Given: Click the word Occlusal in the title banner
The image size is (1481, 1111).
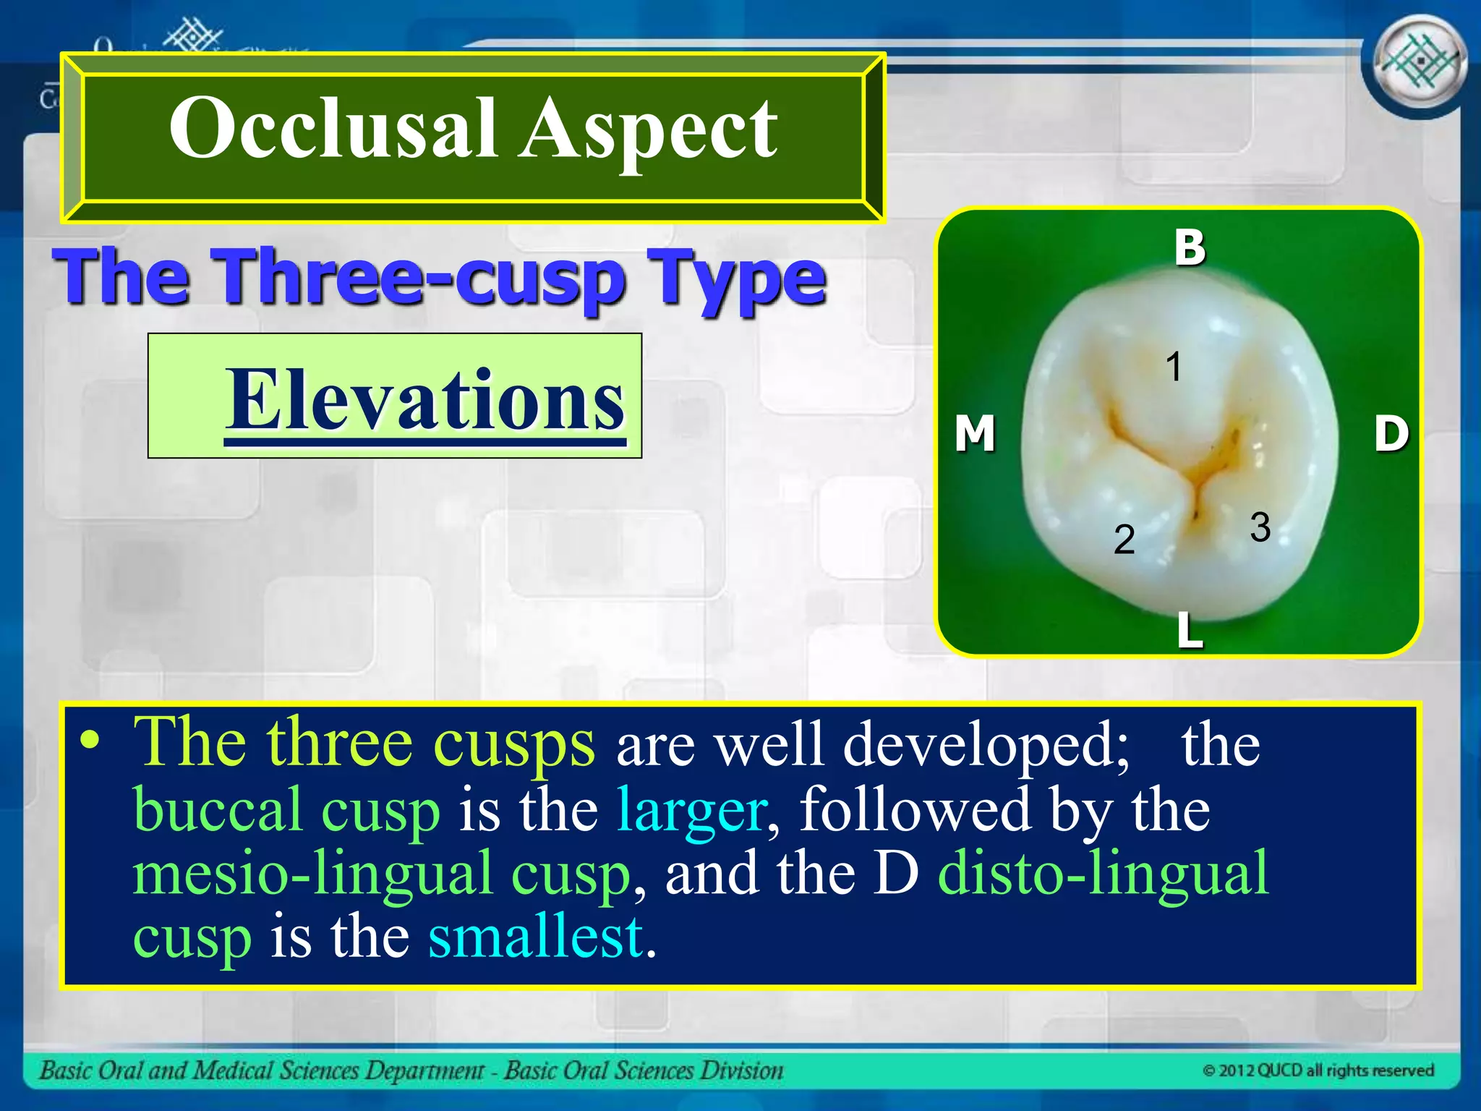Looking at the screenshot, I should click(x=333, y=129).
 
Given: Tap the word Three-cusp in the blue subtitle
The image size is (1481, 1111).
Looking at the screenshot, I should click(x=422, y=278).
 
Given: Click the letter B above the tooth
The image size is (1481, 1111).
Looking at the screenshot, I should click(x=1190, y=247).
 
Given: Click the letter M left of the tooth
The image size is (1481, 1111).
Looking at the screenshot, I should click(x=975, y=433).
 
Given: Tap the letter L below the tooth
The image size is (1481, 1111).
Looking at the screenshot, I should click(x=1190, y=629).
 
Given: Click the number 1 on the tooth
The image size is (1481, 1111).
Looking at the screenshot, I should click(x=1173, y=367).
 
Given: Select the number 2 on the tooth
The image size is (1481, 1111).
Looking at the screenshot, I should click(x=1124, y=540).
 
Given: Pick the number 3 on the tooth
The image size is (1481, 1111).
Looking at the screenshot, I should click(x=1260, y=527).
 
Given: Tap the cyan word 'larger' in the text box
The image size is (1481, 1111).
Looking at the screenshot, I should click(x=691, y=810).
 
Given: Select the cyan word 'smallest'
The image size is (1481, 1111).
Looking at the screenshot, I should click(x=535, y=937).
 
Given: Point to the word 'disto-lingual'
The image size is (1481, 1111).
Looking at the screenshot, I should click(x=1103, y=874).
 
